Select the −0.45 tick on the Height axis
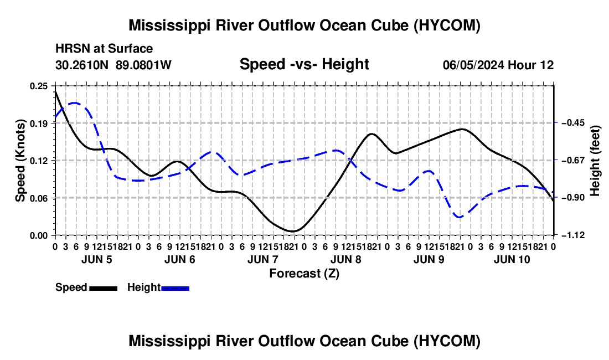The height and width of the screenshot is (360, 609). [573, 123]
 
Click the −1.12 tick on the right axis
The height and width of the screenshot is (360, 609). [573, 235]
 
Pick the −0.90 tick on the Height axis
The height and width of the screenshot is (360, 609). [573, 198]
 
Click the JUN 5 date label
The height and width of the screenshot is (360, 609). [97, 259]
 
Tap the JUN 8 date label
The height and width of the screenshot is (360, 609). [345, 259]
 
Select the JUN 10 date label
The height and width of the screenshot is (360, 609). [512, 259]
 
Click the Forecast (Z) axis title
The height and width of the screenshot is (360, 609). [304, 274]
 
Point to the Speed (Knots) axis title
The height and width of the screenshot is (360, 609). [20, 161]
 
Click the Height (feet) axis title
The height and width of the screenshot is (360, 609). [595, 161]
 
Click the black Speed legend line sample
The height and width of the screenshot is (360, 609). [104, 288]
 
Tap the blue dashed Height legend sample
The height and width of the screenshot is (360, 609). [175, 288]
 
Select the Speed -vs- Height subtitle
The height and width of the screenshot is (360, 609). [304, 64]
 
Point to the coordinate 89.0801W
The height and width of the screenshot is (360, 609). [143, 65]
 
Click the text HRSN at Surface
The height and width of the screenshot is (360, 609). [104, 49]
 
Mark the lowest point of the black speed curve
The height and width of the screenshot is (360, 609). [293, 232]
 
